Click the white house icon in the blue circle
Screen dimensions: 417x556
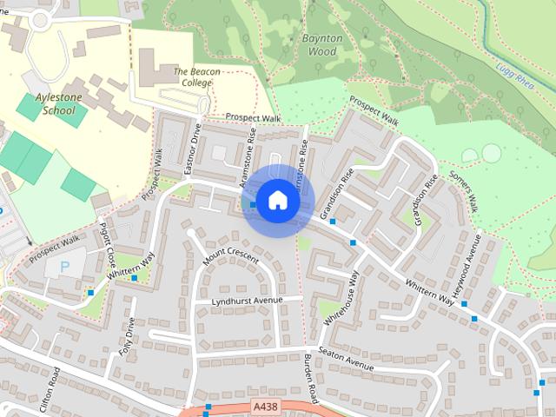tap(277, 201)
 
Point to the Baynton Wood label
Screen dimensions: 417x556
tap(321, 45)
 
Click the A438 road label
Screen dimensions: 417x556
tap(268, 406)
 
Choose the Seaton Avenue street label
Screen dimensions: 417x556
tap(346, 358)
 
